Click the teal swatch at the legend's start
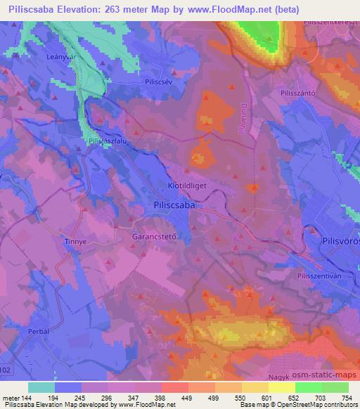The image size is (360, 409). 41,387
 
